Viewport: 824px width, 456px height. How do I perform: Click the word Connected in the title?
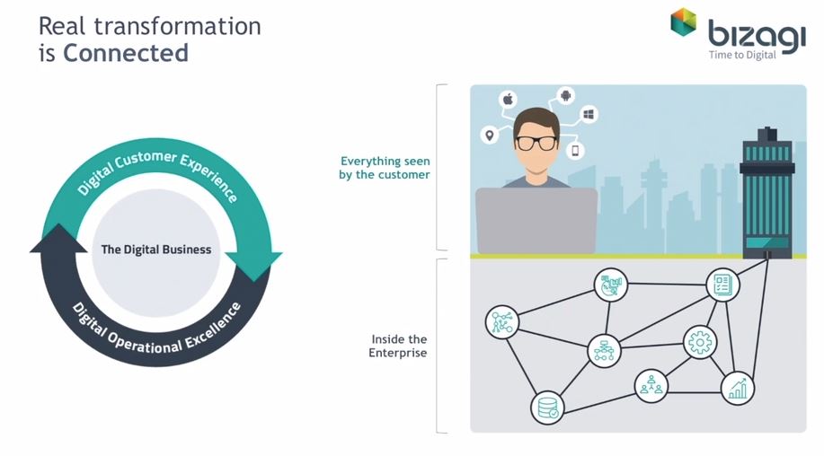click(x=126, y=53)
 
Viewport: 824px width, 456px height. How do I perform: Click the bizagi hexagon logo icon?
click(x=683, y=22)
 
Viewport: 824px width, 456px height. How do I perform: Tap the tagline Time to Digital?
click(x=742, y=55)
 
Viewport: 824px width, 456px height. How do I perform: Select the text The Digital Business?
click(x=156, y=250)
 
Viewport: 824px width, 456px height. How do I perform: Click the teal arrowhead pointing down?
click(x=253, y=266)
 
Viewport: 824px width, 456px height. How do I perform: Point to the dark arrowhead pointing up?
click(x=58, y=239)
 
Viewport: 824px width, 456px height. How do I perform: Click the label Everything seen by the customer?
click(x=385, y=168)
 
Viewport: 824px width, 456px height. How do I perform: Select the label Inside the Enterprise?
click(x=398, y=346)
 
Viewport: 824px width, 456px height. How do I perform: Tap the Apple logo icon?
click(x=509, y=99)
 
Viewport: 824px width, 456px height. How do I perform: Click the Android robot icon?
click(x=566, y=95)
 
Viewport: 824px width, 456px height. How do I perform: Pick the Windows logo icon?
click(x=589, y=114)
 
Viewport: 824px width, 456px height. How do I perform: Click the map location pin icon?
click(x=490, y=135)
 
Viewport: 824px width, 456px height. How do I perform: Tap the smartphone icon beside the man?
click(x=575, y=151)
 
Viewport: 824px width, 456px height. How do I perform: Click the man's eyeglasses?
click(x=536, y=143)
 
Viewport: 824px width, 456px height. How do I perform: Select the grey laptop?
click(x=536, y=222)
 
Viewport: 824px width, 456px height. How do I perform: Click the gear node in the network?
click(x=700, y=342)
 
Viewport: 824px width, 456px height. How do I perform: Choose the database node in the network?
click(x=547, y=408)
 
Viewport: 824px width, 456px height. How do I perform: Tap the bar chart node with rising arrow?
click(x=738, y=389)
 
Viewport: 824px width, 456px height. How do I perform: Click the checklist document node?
click(x=722, y=285)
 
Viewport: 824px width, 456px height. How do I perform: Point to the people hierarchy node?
click(x=651, y=386)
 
